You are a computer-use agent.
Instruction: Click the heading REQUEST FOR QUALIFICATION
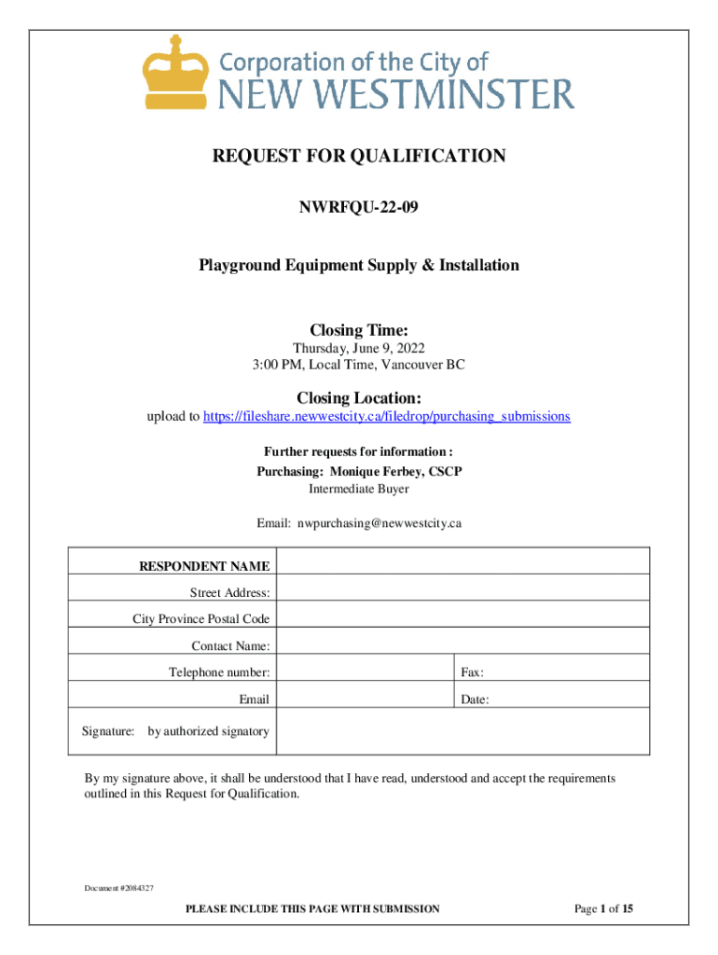359,157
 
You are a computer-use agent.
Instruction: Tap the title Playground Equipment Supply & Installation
359,266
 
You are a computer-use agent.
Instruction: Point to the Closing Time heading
359,330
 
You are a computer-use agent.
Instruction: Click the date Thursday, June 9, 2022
359,348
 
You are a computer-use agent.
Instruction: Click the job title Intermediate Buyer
359,489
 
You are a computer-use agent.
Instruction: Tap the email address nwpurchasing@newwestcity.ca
380,523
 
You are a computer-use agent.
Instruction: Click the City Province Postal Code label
201,619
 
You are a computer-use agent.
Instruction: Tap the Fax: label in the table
472,672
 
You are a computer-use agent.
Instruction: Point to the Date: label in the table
475,699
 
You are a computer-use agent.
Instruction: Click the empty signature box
463,731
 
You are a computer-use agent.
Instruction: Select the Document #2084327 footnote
117,887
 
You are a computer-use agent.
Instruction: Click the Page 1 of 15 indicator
604,909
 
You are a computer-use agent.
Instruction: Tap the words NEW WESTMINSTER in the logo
395,93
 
